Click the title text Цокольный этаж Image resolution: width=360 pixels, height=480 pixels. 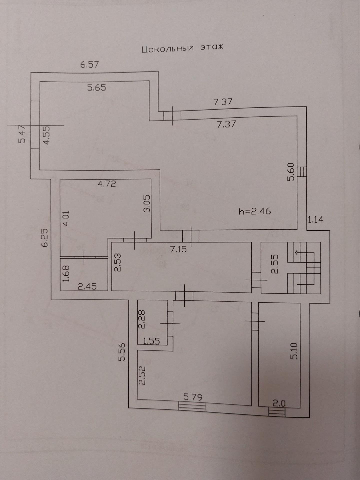tap(182, 48)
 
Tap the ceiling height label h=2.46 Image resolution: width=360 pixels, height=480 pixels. tap(255, 211)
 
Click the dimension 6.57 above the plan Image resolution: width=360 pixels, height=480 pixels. tap(89, 64)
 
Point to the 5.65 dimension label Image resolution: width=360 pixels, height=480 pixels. tap(96, 88)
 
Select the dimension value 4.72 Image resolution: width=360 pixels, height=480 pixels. tap(107, 184)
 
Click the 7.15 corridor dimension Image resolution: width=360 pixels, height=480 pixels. tap(178, 249)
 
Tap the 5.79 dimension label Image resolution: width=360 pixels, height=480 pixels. tap(193, 397)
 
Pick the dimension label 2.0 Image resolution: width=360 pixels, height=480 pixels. tap(279, 403)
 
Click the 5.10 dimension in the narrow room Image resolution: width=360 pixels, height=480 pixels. tap(294, 351)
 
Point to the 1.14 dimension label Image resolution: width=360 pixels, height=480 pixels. tap(315, 219)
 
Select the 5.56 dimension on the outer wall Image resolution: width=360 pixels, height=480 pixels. tap(122, 352)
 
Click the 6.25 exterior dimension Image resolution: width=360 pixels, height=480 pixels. tap(45, 237)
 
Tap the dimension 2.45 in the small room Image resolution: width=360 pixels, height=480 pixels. tap(87, 286)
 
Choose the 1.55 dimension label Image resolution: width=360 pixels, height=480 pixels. tap(151, 341)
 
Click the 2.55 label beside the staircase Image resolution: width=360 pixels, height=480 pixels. tap(274, 264)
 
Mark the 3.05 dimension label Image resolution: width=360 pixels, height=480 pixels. tap(147, 203)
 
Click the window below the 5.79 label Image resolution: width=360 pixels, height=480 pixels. tap(192, 407)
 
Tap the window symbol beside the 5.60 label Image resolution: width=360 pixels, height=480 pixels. tap(302, 172)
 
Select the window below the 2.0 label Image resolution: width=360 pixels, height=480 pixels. tap(277, 412)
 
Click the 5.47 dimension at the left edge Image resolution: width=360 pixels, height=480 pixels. tap(22, 134)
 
